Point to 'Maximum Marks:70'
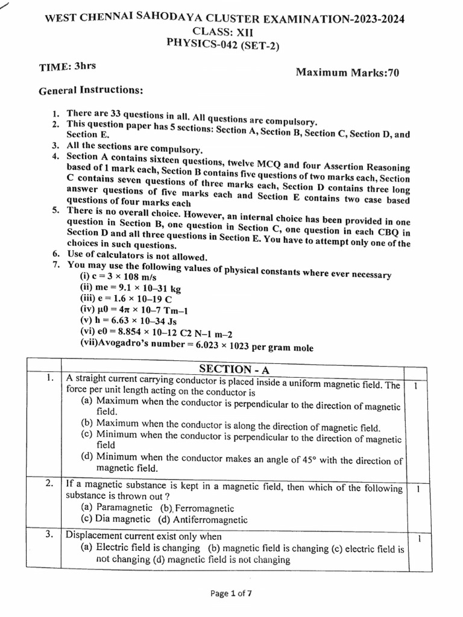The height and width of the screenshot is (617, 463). (x=347, y=73)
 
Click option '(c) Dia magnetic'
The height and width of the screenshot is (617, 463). (x=115, y=519)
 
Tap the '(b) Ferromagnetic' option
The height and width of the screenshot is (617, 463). (x=197, y=508)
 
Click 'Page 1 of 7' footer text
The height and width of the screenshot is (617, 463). (x=231, y=594)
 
